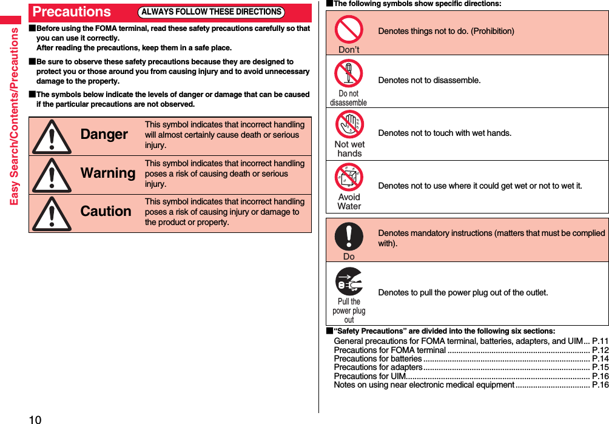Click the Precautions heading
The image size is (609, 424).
[x=72, y=12]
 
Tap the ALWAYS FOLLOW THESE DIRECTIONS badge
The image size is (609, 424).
[x=211, y=12]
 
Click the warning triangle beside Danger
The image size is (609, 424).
[x=52, y=136]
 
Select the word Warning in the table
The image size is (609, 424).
[x=108, y=173]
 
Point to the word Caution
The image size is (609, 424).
[x=106, y=211]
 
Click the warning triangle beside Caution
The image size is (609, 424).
[x=52, y=214]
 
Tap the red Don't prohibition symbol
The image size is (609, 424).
[x=349, y=29]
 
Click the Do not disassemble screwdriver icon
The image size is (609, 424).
[x=349, y=73]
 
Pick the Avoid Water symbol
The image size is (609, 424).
[x=349, y=177]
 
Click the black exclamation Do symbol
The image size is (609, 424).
[x=349, y=237]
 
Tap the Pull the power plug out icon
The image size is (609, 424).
[x=349, y=282]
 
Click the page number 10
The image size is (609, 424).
[x=35, y=419]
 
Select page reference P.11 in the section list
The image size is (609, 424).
[x=600, y=342]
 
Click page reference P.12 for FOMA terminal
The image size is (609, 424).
[x=600, y=350]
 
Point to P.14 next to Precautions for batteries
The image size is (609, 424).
[x=600, y=358]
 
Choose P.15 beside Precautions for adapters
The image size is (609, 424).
[x=600, y=367]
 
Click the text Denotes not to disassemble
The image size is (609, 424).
[x=429, y=81]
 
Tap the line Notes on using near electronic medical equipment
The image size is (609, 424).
[x=424, y=385]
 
